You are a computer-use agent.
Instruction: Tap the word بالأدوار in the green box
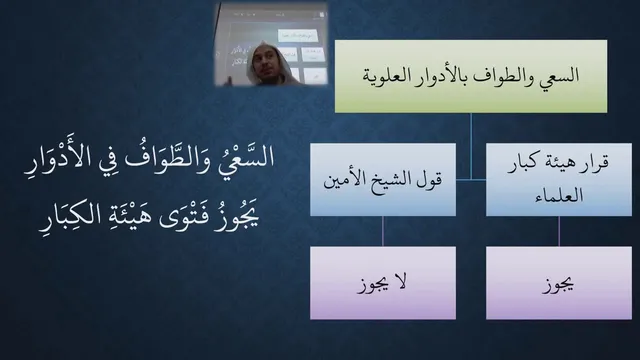pyautogui.click(x=440, y=76)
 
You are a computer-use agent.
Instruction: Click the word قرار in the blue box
pyautogui.click(x=594, y=162)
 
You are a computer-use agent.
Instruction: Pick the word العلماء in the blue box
pyautogui.click(x=559, y=195)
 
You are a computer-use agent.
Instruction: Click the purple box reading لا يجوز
pyautogui.click(x=383, y=282)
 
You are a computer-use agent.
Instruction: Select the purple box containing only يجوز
pyautogui.click(x=559, y=282)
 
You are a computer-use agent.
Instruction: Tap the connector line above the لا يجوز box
pyautogui.click(x=383, y=231)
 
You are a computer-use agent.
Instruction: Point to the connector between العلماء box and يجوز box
pyautogui.click(x=559, y=231)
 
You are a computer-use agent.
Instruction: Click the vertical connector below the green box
pyautogui.click(x=471, y=146)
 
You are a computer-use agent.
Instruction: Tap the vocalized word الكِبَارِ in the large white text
pyautogui.click(x=67, y=216)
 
